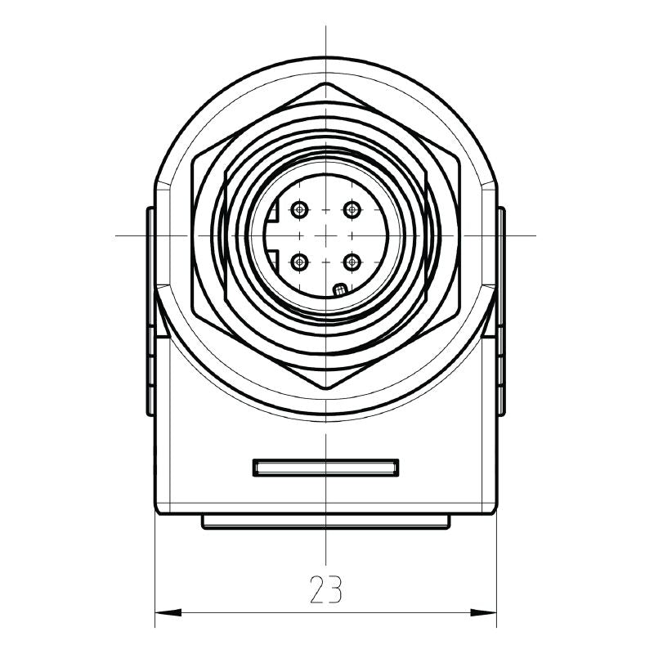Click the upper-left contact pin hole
click(x=300, y=210)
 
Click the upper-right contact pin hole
click(x=352, y=210)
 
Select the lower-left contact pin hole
click(x=300, y=262)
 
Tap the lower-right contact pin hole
click(x=352, y=262)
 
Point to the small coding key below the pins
click(x=340, y=289)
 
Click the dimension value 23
click(x=325, y=589)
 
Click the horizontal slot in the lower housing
click(x=326, y=468)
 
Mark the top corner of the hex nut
click(x=326, y=83)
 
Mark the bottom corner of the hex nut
click(x=326, y=389)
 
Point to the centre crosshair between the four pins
click(x=326, y=236)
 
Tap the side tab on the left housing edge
click(x=150, y=311)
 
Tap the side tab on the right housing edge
click(x=501, y=311)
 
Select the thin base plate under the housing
click(x=326, y=522)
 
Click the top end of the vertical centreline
click(x=326, y=28)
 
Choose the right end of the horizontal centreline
click(x=535, y=236)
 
